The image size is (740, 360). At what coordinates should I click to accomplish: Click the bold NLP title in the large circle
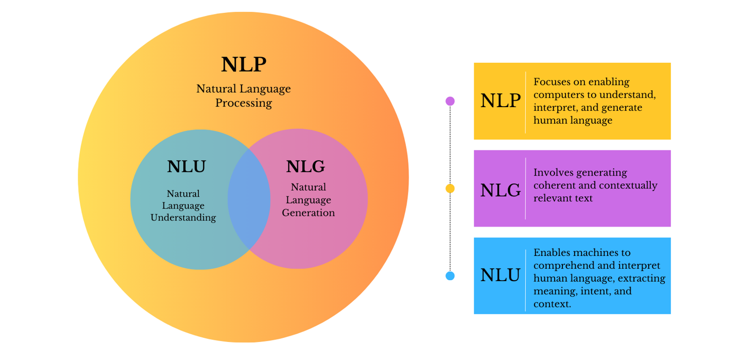click(244, 65)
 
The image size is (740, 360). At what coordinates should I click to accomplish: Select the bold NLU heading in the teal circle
click(186, 167)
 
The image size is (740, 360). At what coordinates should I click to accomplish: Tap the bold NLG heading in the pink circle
click(305, 167)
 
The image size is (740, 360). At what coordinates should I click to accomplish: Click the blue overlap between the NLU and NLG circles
click(249, 199)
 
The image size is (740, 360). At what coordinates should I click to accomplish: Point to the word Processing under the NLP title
click(244, 103)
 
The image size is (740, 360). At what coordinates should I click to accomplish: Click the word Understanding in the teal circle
click(183, 218)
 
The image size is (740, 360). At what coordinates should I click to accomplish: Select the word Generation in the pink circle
click(308, 213)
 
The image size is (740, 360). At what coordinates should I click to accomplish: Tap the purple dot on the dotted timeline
click(450, 101)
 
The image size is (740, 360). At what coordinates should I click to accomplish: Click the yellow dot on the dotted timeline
click(450, 188)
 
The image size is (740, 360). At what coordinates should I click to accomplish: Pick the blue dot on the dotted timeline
click(450, 276)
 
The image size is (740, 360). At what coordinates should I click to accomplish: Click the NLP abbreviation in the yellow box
click(500, 101)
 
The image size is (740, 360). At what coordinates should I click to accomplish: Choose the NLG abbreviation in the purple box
click(500, 191)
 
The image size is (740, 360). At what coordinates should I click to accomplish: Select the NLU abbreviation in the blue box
click(500, 276)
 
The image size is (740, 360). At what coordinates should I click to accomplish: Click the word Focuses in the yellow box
click(552, 82)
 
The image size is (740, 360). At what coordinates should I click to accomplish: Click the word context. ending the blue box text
click(552, 304)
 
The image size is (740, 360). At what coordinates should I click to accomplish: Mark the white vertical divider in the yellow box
click(525, 102)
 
